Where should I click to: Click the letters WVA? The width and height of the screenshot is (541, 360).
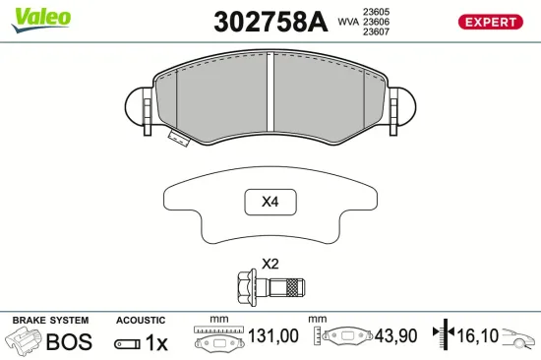point(346,21)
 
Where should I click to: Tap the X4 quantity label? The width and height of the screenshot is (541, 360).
point(270,204)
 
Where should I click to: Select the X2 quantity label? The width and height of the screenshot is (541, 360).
point(270,264)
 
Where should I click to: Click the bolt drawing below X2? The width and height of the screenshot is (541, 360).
point(270,288)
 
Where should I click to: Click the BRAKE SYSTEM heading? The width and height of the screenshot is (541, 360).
point(49,321)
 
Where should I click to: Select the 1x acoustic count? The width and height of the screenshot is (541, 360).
point(156,342)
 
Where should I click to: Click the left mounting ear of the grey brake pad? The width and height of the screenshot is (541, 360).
point(139,106)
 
